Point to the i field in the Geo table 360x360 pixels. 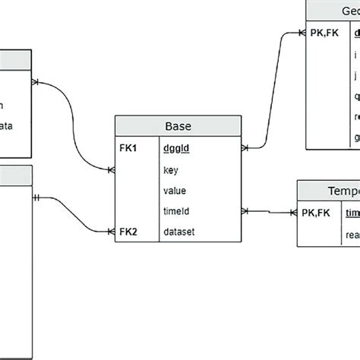[355, 55]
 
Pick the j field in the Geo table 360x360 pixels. [355, 76]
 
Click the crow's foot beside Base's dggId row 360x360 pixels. [245, 147]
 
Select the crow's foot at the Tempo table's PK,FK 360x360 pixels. [292, 215]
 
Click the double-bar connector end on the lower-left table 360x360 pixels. [37, 197]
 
